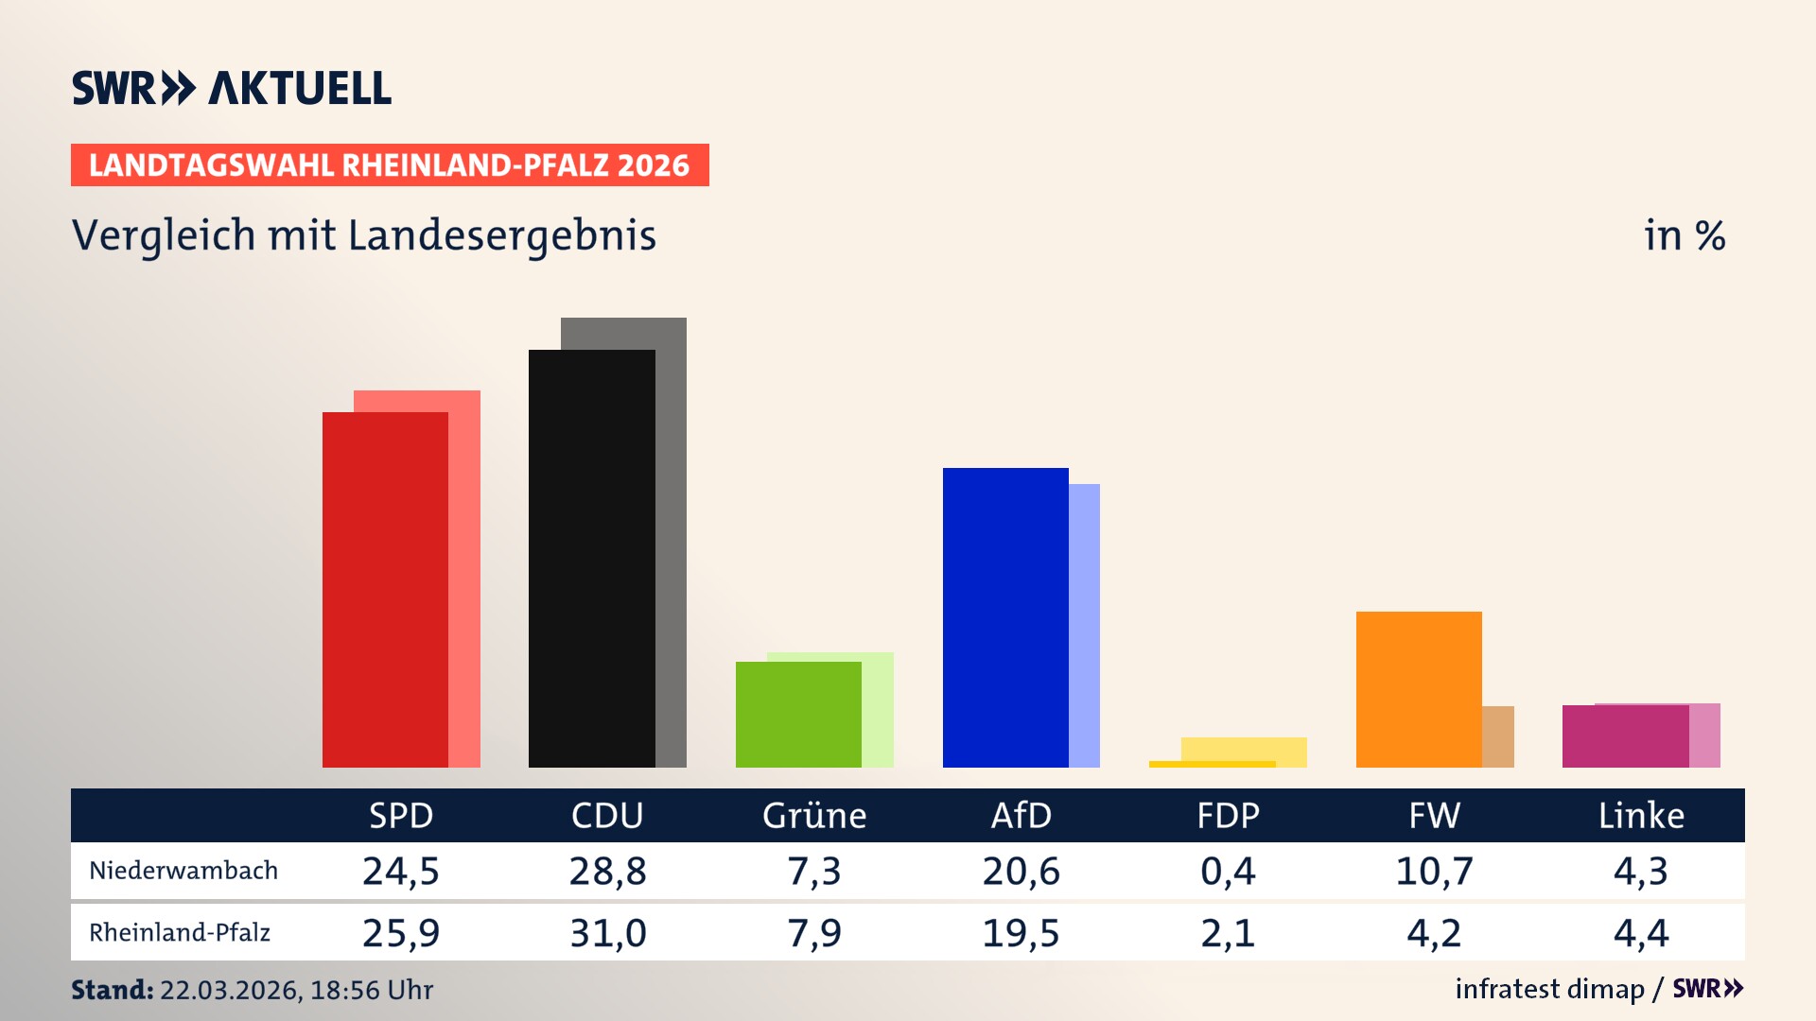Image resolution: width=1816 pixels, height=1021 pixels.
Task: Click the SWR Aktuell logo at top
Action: click(231, 88)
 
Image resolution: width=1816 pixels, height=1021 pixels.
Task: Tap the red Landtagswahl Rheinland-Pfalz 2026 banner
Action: click(389, 165)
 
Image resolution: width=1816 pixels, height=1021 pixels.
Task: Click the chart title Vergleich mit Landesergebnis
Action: click(363, 235)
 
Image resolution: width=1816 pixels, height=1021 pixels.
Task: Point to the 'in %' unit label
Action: click(1684, 235)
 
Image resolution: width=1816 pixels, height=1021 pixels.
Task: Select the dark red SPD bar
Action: click(385, 591)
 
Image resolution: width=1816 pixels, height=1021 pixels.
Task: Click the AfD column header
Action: click(1021, 815)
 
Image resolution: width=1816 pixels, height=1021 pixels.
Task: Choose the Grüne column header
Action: click(813, 815)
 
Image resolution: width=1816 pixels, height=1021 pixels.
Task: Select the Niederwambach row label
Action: click(183, 871)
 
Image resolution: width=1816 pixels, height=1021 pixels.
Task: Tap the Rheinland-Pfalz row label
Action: click(180, 933)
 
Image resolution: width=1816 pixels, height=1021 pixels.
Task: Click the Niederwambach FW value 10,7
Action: click(1434, 871)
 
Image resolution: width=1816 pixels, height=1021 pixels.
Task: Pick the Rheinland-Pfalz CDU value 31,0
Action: click(607, 933)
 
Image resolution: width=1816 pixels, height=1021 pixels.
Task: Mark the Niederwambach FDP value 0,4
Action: click(1228, 871)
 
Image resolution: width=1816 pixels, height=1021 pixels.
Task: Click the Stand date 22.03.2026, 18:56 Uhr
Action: click(295, 990)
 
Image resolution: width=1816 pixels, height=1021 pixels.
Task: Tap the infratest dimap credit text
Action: click(1549, 989)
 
